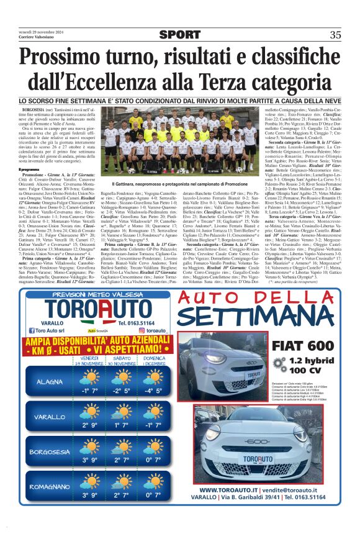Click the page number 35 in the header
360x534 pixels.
[x=335, y=35]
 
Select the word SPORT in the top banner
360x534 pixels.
[x=179, y=35]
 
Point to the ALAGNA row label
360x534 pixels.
[x=50, y=381]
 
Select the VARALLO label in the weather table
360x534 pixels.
[x=50, y=417]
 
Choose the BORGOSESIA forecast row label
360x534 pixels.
[x=50, y=451]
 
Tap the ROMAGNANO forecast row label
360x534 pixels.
[x=50, y=486]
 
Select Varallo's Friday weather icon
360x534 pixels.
[x=89, y=414]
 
